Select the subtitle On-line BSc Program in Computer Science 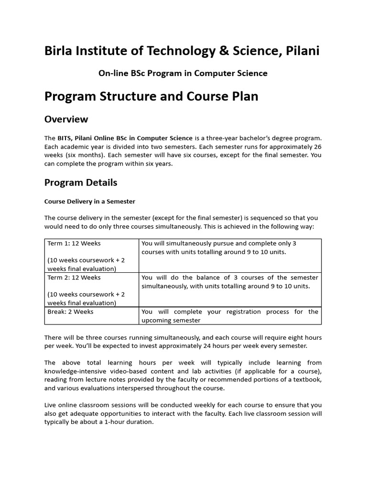(183, 73)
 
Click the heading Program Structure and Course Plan (151, 96)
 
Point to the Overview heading (66, 119)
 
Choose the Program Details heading (81, 183)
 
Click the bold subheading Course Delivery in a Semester (90, 201)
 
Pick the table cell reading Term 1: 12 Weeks (74, 243)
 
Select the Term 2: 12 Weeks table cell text (74, 278)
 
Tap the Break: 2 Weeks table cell (71, 312)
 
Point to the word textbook (307, 379)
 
